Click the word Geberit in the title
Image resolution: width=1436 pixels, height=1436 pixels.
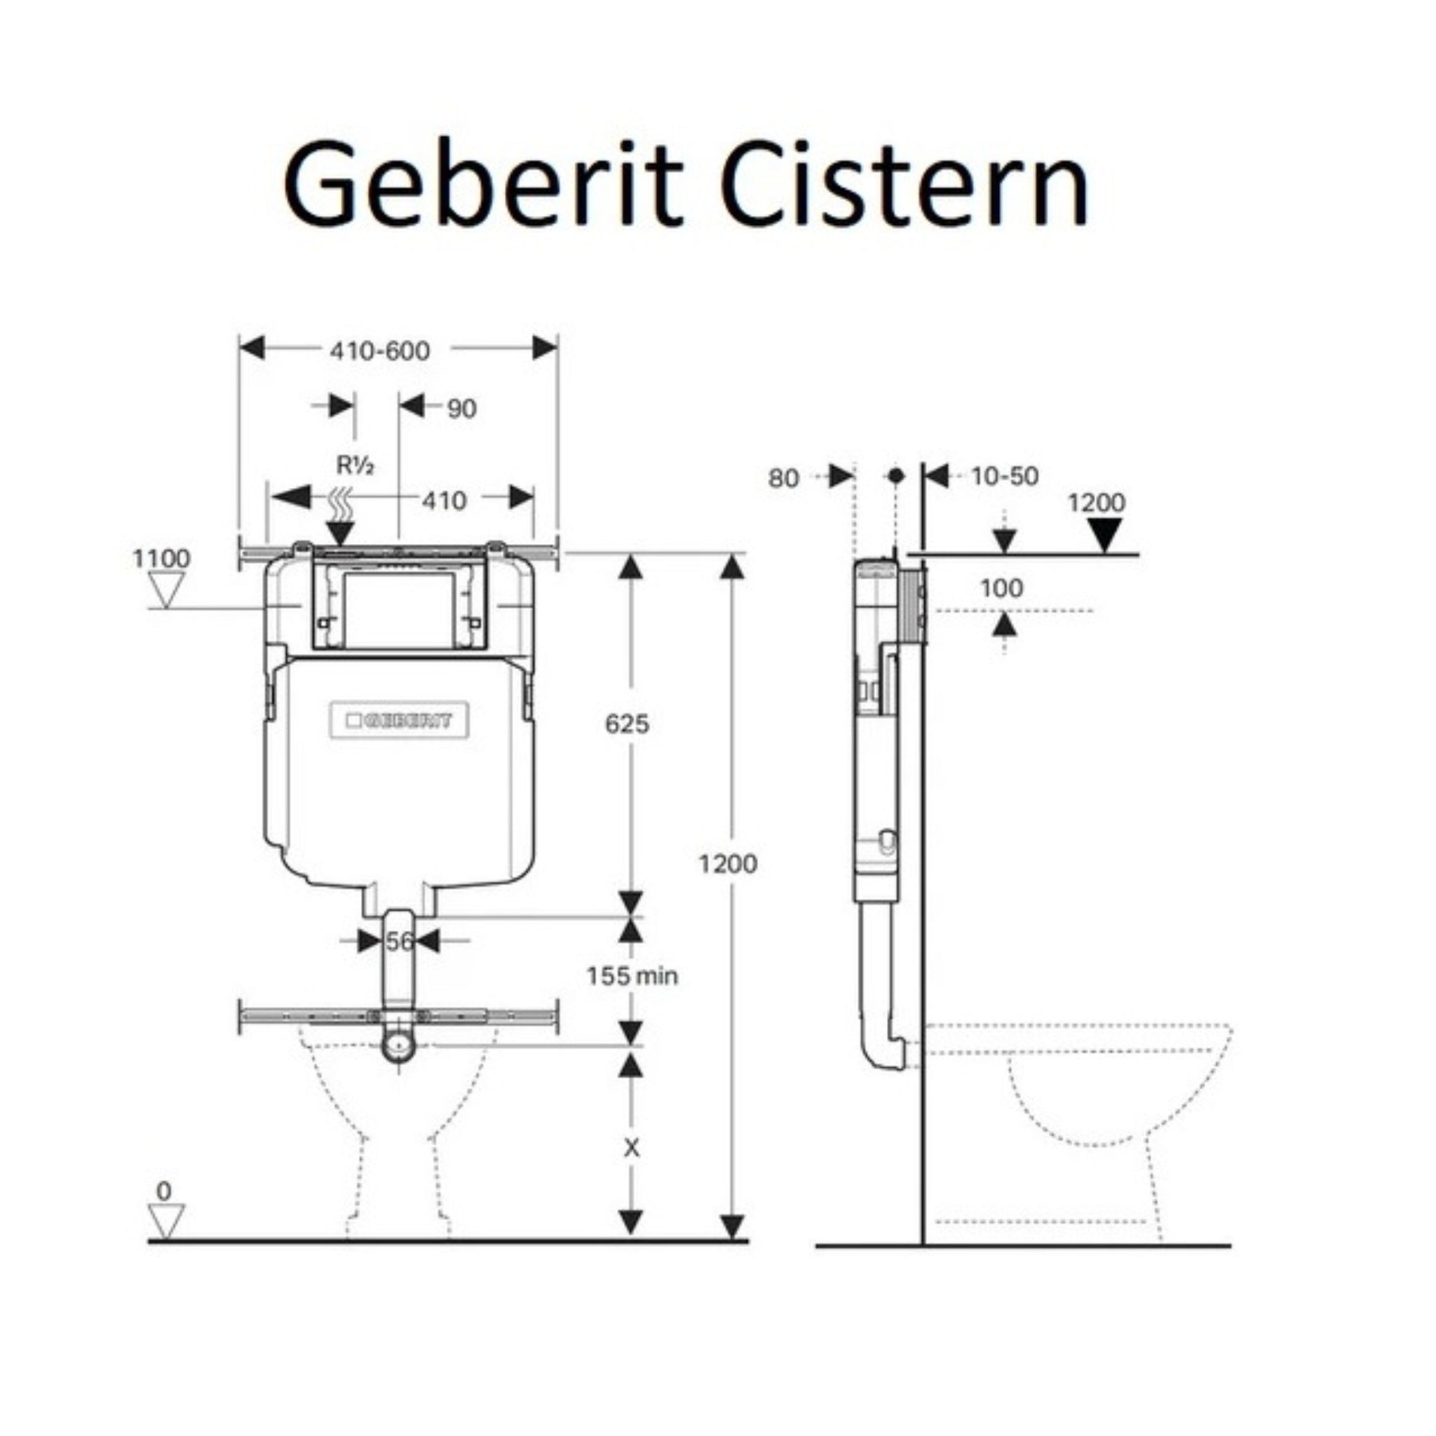482,183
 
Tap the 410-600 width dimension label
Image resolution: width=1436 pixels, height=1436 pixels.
379,351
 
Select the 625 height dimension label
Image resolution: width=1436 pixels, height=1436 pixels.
627,723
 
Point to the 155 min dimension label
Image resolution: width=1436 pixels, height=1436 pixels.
632,975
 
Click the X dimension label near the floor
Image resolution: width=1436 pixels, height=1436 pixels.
630,1149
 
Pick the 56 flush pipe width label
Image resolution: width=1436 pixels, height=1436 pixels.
398,942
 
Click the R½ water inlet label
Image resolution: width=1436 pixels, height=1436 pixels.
355,466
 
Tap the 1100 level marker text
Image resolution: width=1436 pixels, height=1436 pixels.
161,558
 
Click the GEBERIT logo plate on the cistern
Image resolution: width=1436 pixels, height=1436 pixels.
399,719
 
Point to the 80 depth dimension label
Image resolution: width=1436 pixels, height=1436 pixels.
783,479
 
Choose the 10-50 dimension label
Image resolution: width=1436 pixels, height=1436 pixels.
1004,476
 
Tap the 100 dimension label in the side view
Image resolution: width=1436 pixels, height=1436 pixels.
1001,589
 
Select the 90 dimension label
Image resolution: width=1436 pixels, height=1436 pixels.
461,409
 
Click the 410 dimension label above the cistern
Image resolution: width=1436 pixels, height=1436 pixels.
444,501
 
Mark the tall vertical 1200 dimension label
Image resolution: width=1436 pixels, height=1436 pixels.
728,864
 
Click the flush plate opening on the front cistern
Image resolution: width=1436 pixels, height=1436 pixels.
399,609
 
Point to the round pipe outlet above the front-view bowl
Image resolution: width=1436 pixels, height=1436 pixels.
399,1044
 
